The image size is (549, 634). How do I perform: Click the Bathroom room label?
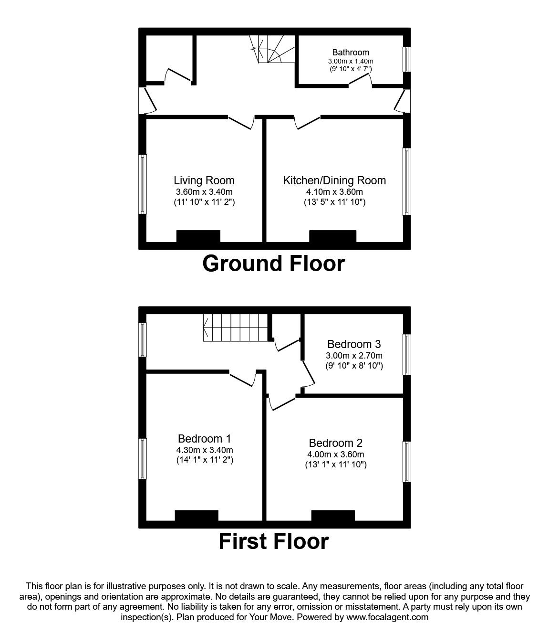(351, 53)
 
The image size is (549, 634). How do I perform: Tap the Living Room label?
(204, 180)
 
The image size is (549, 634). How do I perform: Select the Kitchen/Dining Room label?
(334, 180)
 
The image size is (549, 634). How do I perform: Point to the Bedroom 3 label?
(354, 344)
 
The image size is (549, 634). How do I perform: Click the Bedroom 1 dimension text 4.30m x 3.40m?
(205, 450)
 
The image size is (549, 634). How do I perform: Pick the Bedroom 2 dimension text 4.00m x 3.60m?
(336, 454)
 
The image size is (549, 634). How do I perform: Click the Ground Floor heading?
(274, 264)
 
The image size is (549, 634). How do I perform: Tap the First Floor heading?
(274, 541)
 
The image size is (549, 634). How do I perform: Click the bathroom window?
(407, 59)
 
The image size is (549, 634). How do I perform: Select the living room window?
(143, 184)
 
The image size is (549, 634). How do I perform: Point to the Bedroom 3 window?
(407, 354)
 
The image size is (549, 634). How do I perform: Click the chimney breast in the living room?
(198, 236)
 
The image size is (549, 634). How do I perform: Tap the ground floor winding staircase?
(272, 49)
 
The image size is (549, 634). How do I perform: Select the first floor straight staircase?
(236, 328)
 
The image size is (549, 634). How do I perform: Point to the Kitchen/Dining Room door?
(307, 123)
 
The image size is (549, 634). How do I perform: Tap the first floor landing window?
(143, 339)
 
